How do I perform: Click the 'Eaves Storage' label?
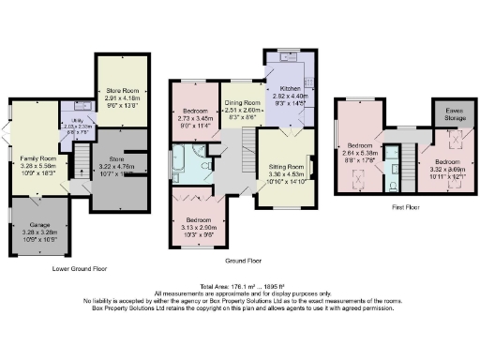point(444,112)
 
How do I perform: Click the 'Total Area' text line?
point(240,288)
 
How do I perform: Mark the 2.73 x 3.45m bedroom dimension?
point(195,119)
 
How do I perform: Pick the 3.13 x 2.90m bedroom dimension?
point(194,227)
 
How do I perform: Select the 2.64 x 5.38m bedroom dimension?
point(361,154)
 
